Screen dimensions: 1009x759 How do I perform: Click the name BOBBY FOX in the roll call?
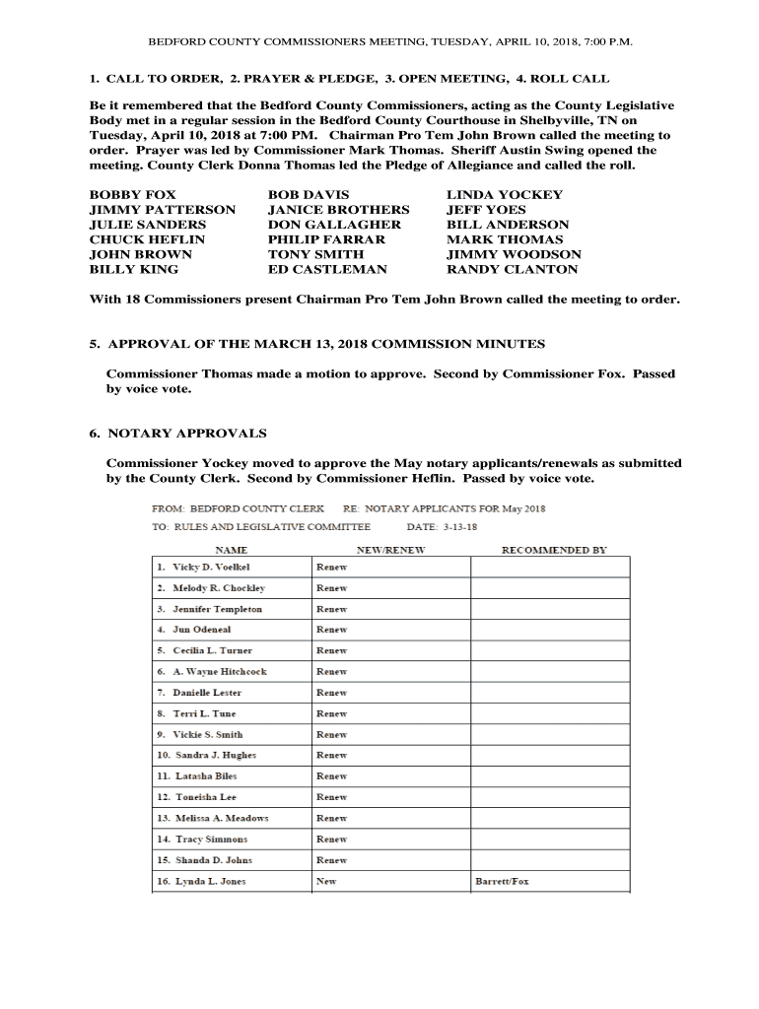pos(133,195)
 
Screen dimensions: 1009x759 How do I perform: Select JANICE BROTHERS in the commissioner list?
pos(338,210)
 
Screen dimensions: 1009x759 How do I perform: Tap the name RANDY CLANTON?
pos(512,269)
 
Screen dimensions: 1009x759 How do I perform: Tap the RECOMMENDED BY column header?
pos(554,550)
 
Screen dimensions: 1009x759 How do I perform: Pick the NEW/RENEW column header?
pos(390,550)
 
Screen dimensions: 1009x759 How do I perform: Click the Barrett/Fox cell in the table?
pos(502,881)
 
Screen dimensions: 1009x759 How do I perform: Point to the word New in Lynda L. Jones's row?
pos(325,881)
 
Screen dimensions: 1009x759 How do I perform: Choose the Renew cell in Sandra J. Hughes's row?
pos(331,756)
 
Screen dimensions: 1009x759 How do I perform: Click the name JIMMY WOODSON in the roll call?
pos(514,254)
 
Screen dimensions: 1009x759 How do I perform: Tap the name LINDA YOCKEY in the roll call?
pos(505,195)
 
